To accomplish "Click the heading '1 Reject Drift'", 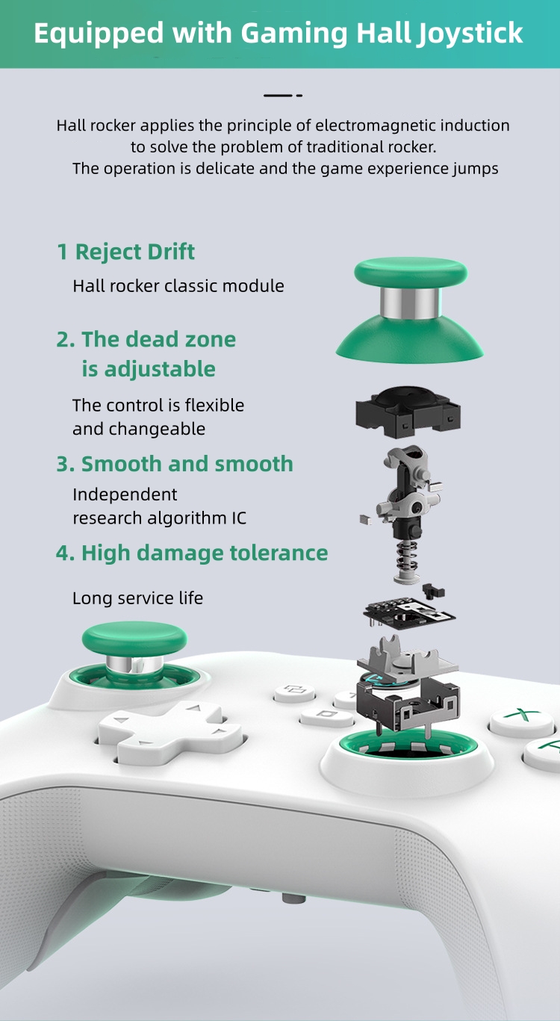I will pos(125,252).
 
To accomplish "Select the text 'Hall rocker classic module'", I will pos(178,286).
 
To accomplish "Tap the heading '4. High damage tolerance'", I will pos(192,553).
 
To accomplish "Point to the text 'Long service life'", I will pos(137,598).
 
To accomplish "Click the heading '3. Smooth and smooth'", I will pos(175,464).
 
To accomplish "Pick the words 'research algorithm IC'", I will pos(159,518).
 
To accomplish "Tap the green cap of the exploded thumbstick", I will pos(410,270).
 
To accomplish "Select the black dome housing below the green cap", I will pos(408,411).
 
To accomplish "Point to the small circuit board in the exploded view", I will pos(409,609).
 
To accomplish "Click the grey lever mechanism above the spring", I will pos(408,489).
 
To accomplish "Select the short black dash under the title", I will pos(282,96).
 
